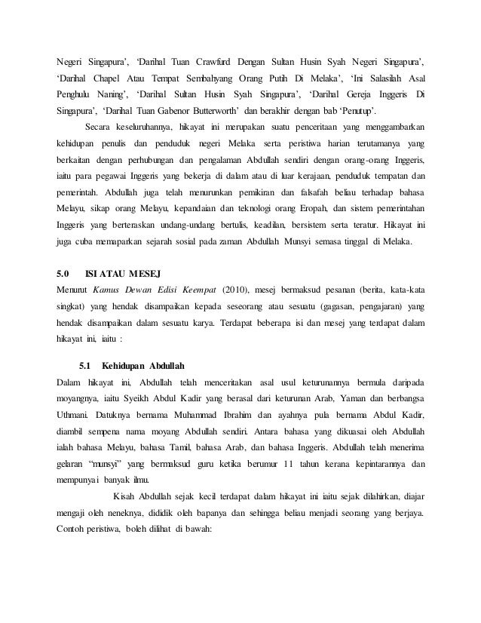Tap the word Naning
coord(116,94)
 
